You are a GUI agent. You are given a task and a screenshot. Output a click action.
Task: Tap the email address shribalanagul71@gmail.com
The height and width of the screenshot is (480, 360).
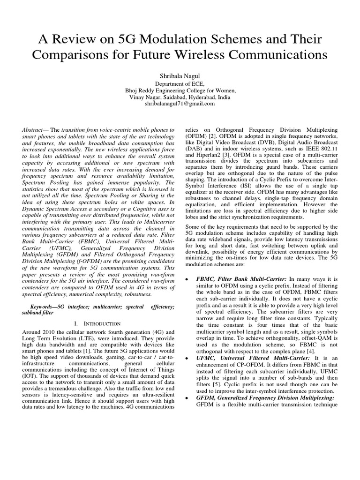click(x=180, y=104)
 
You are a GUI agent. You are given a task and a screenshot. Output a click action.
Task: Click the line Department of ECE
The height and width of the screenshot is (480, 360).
click(x=180, y=83)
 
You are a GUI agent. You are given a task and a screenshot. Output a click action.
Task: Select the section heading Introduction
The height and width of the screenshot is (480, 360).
click(x=100, y=324)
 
